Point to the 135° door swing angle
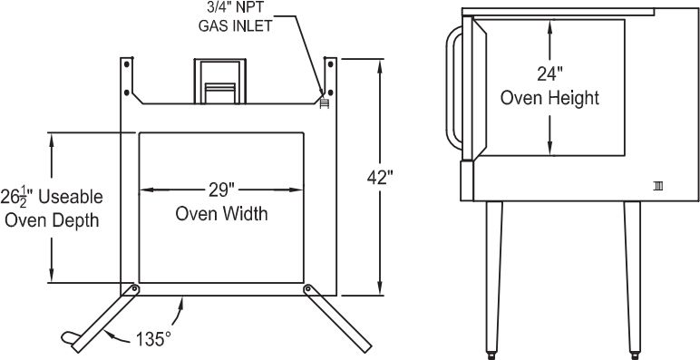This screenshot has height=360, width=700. coord(153,338)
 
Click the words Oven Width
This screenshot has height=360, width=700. coord(221,215)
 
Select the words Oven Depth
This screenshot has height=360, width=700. coord(52,220)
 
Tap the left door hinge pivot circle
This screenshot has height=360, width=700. coord(135,288)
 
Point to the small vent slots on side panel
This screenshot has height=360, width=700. coord(657,186)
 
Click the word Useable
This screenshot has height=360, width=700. coord(74,197)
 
